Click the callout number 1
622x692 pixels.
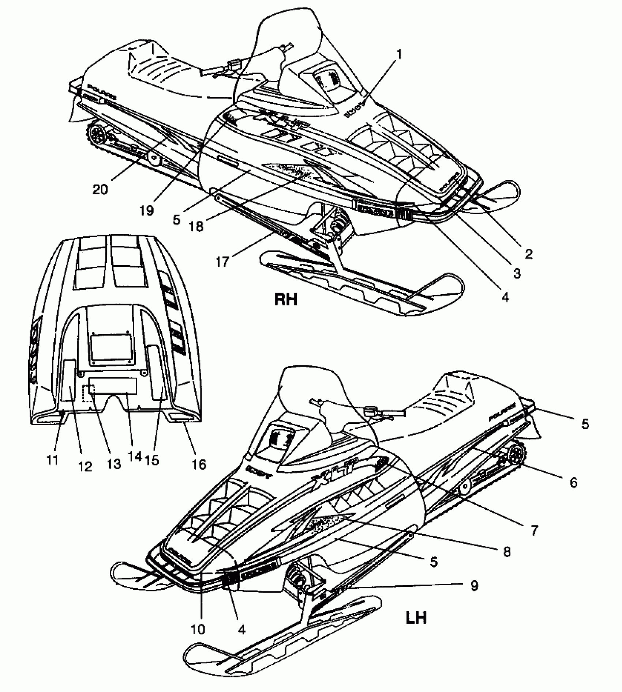coord(399,55)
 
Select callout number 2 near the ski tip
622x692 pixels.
coord(528,254)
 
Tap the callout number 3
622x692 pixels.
coord(517,273)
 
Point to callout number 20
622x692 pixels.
coord(100,189)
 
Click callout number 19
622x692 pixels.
coord(147,210)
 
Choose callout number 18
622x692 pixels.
coord(196,227)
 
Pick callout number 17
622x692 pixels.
coord(222,262)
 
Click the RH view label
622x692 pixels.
coord(286,300)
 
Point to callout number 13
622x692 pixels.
coord(114,464)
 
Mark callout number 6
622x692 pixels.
coord(573,483)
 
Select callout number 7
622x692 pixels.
coord(534,530)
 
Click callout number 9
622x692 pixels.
coord(474,586)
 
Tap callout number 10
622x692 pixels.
coord(198,629)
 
